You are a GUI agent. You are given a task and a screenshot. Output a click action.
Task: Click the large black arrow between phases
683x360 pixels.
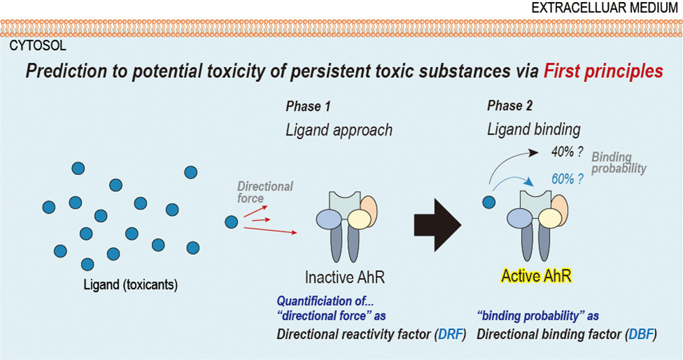click(x=437, y=226)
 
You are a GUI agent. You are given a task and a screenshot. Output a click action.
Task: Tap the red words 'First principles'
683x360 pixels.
click(x=603, y=71)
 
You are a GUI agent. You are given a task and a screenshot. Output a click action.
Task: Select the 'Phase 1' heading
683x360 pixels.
click(x=308, y=106)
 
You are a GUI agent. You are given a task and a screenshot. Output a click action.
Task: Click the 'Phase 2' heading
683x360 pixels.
click(x=509, y=106)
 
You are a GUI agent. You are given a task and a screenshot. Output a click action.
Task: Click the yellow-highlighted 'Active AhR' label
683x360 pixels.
click(x=536, y=276)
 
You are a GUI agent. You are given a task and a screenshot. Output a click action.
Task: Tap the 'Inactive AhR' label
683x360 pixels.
click(x=345, y=277)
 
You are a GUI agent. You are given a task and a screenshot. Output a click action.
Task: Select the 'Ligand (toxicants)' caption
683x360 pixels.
click(x=131, y=285)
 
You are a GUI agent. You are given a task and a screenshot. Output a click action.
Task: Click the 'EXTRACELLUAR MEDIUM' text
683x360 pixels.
click(x=604, y=8)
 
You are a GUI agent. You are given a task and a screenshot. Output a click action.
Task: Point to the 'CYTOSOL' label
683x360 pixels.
click(x=38, y=45)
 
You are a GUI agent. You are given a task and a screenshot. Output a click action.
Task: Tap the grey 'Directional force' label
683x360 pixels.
click(x=265, y=193)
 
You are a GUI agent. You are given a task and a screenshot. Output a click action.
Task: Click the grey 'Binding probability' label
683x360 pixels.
click(x=619, y=163)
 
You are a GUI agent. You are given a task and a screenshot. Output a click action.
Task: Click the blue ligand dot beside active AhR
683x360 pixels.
click(x=489, y=202)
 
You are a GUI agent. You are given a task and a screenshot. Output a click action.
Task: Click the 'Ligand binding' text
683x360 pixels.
click(x=534, y=129)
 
